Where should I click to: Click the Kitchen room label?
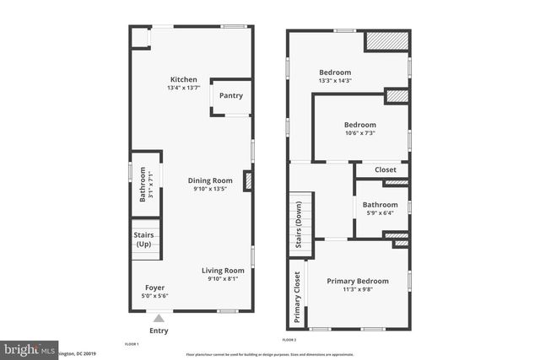(183, 80)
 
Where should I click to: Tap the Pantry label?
(230, 95)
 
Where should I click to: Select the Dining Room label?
(210, 180)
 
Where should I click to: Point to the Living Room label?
(223, 271)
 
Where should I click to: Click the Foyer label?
(154, 287)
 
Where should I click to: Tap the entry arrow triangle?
(158, 318)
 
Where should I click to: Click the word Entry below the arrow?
(159, 330)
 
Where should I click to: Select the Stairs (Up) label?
(143, 239)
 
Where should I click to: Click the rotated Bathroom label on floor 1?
(143, 187)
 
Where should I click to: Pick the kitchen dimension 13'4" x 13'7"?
(183, 89)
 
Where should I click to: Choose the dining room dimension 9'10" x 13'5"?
(210, 189)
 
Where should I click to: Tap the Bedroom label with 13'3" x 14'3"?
(335, 73)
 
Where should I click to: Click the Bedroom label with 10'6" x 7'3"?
(360, 125)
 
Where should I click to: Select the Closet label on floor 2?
(385, 170)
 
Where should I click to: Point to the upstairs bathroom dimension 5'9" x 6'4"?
(380, 213)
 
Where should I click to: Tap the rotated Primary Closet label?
(297, 298)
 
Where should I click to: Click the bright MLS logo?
(28, 348)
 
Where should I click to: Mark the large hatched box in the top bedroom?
(386, 42)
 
